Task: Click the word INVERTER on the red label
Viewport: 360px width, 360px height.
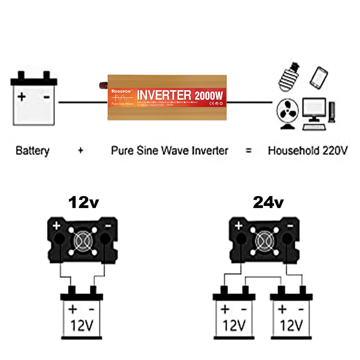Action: (164, 95)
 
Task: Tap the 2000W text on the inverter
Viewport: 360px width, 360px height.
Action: (209, 96)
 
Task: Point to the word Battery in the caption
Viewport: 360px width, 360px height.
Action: (32, 150)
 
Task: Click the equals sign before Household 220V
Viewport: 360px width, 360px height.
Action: (248, 150)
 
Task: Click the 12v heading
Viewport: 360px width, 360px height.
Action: (84, 203)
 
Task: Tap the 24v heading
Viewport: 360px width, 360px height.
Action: (268, 203)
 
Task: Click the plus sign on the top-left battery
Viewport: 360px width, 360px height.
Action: (22, 96)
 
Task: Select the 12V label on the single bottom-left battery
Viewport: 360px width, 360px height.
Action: (81, 326)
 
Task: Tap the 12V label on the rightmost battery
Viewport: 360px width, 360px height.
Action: (291, 326)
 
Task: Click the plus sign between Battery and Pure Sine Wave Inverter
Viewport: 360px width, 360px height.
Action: (81, 150)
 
